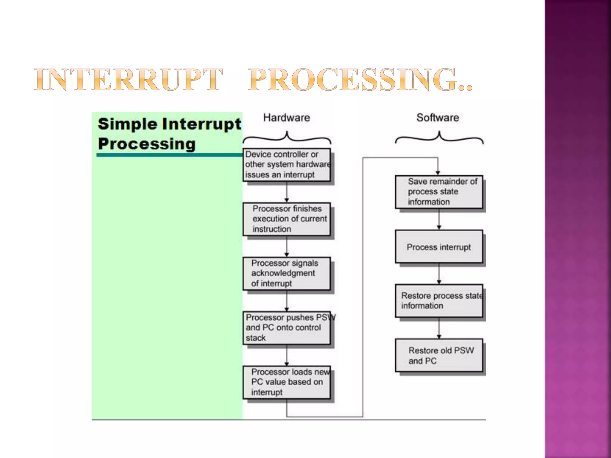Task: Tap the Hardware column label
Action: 286,118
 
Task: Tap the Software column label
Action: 438,118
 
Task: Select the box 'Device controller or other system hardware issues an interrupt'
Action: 287,165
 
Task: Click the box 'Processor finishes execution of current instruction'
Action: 287,219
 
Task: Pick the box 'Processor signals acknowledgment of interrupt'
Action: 287,273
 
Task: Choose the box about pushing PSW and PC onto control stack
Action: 287,328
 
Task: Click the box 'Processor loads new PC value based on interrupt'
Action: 287,382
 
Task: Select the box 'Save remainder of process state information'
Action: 439,192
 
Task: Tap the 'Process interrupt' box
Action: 439,247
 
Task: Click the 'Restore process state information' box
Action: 439,301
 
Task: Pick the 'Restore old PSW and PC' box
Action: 439,355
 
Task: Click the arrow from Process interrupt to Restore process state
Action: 439,274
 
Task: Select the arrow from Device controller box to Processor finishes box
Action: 287,192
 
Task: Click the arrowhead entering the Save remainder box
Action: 438,173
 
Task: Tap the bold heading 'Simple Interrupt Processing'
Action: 169,134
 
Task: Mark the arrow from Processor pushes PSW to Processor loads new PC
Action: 287,355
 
